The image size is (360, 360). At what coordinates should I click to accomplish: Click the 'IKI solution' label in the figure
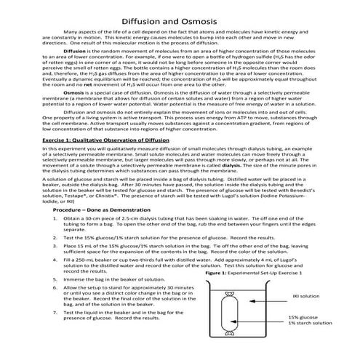305,297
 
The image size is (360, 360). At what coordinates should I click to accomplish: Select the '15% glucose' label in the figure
303,317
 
